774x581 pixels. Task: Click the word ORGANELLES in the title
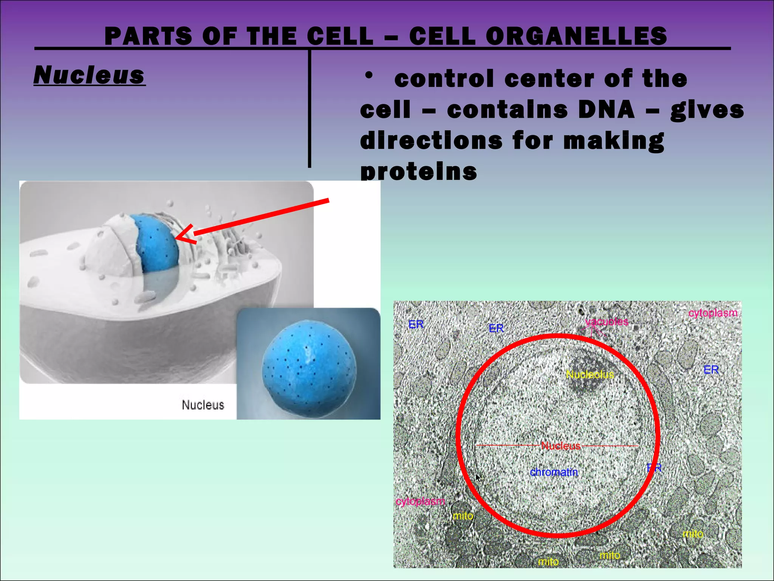(x=576, y=36)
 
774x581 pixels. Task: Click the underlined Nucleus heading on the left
(x=89, y=75)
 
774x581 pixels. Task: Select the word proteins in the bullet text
(x=418, y=172)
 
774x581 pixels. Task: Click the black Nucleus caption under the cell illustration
(x=203, y=405)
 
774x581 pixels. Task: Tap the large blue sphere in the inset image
(x=309, y=368)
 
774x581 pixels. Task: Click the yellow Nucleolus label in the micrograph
(x=590, y=374)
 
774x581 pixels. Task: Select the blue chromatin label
(x=554, y=472)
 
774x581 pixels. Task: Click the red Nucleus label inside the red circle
(x=560, y=446)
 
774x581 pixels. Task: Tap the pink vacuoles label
(x=606, y=322)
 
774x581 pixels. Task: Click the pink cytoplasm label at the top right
(x=712, y=313)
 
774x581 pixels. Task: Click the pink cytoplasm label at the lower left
(x=420, y=501)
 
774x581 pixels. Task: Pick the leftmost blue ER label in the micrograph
(x=416, y=325)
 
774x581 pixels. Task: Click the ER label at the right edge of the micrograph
(x=711, y=370)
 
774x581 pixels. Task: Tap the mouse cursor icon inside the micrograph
(x=478, y=478)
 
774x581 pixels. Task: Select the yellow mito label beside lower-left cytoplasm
(x=463, y=516)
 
